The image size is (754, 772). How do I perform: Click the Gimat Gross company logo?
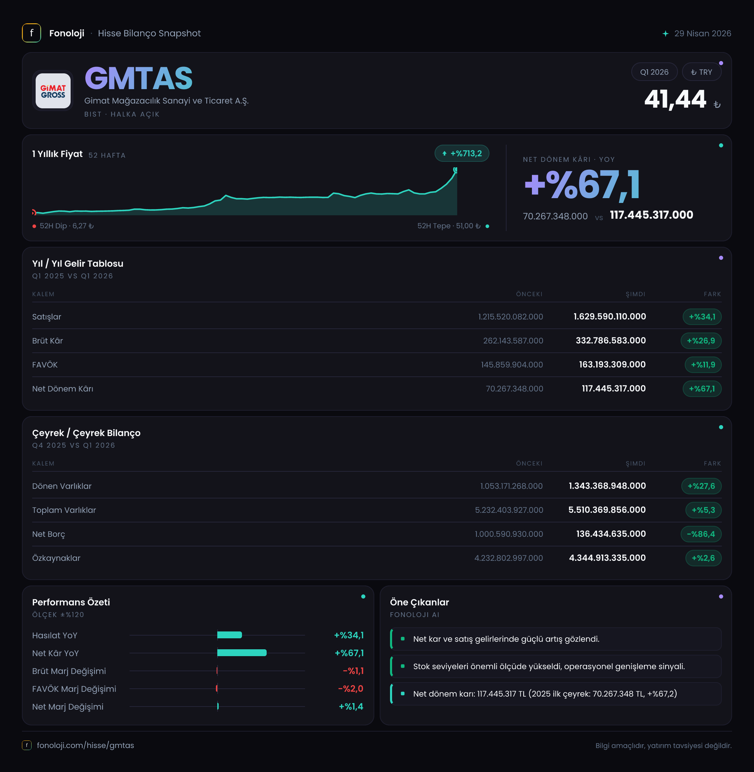pyautogui.click(x=53, y=91)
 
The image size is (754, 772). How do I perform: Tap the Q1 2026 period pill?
pyautogui.click(x=654, y=72)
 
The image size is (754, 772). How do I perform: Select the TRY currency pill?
pyautogui.click(x=701, y=72)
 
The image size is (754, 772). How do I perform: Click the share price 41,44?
pyautogui.click(x=675, y=99)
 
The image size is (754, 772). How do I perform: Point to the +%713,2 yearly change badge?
pyautogui.click(x=462, y=153)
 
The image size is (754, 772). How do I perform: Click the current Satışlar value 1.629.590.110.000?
pyautogui.click(x=610, y=316)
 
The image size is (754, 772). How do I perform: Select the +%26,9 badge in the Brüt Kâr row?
pyautogui.click(x=701, y=341)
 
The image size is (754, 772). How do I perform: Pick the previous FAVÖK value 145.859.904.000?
pyautogui.click(x=512, y=365)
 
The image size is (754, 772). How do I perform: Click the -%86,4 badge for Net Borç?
pyautogui.click(x=701, y=534)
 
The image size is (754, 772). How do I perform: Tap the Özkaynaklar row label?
pyautogui.click(x=56, y=558)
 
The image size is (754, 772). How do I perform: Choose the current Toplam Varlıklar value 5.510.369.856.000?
pyautogui.click(x=607, y=510)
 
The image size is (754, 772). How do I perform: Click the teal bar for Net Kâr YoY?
pyautogui.click(x=242, y=653)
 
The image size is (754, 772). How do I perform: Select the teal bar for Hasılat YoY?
pyautogui.click(x=230, y=635)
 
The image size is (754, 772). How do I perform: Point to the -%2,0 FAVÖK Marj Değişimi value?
pyautogui.click(x=351, y=689)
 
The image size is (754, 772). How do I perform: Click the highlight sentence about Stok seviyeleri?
pyautogui.click(x=549, y=666)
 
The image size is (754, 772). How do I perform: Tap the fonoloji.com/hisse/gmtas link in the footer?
pyautogui.click(x=86, y=746)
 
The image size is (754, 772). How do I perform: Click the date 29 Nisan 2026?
pyautogui.click(x=703, y=33)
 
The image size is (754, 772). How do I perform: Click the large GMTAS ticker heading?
pyautogui.click(x=138, y=79)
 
